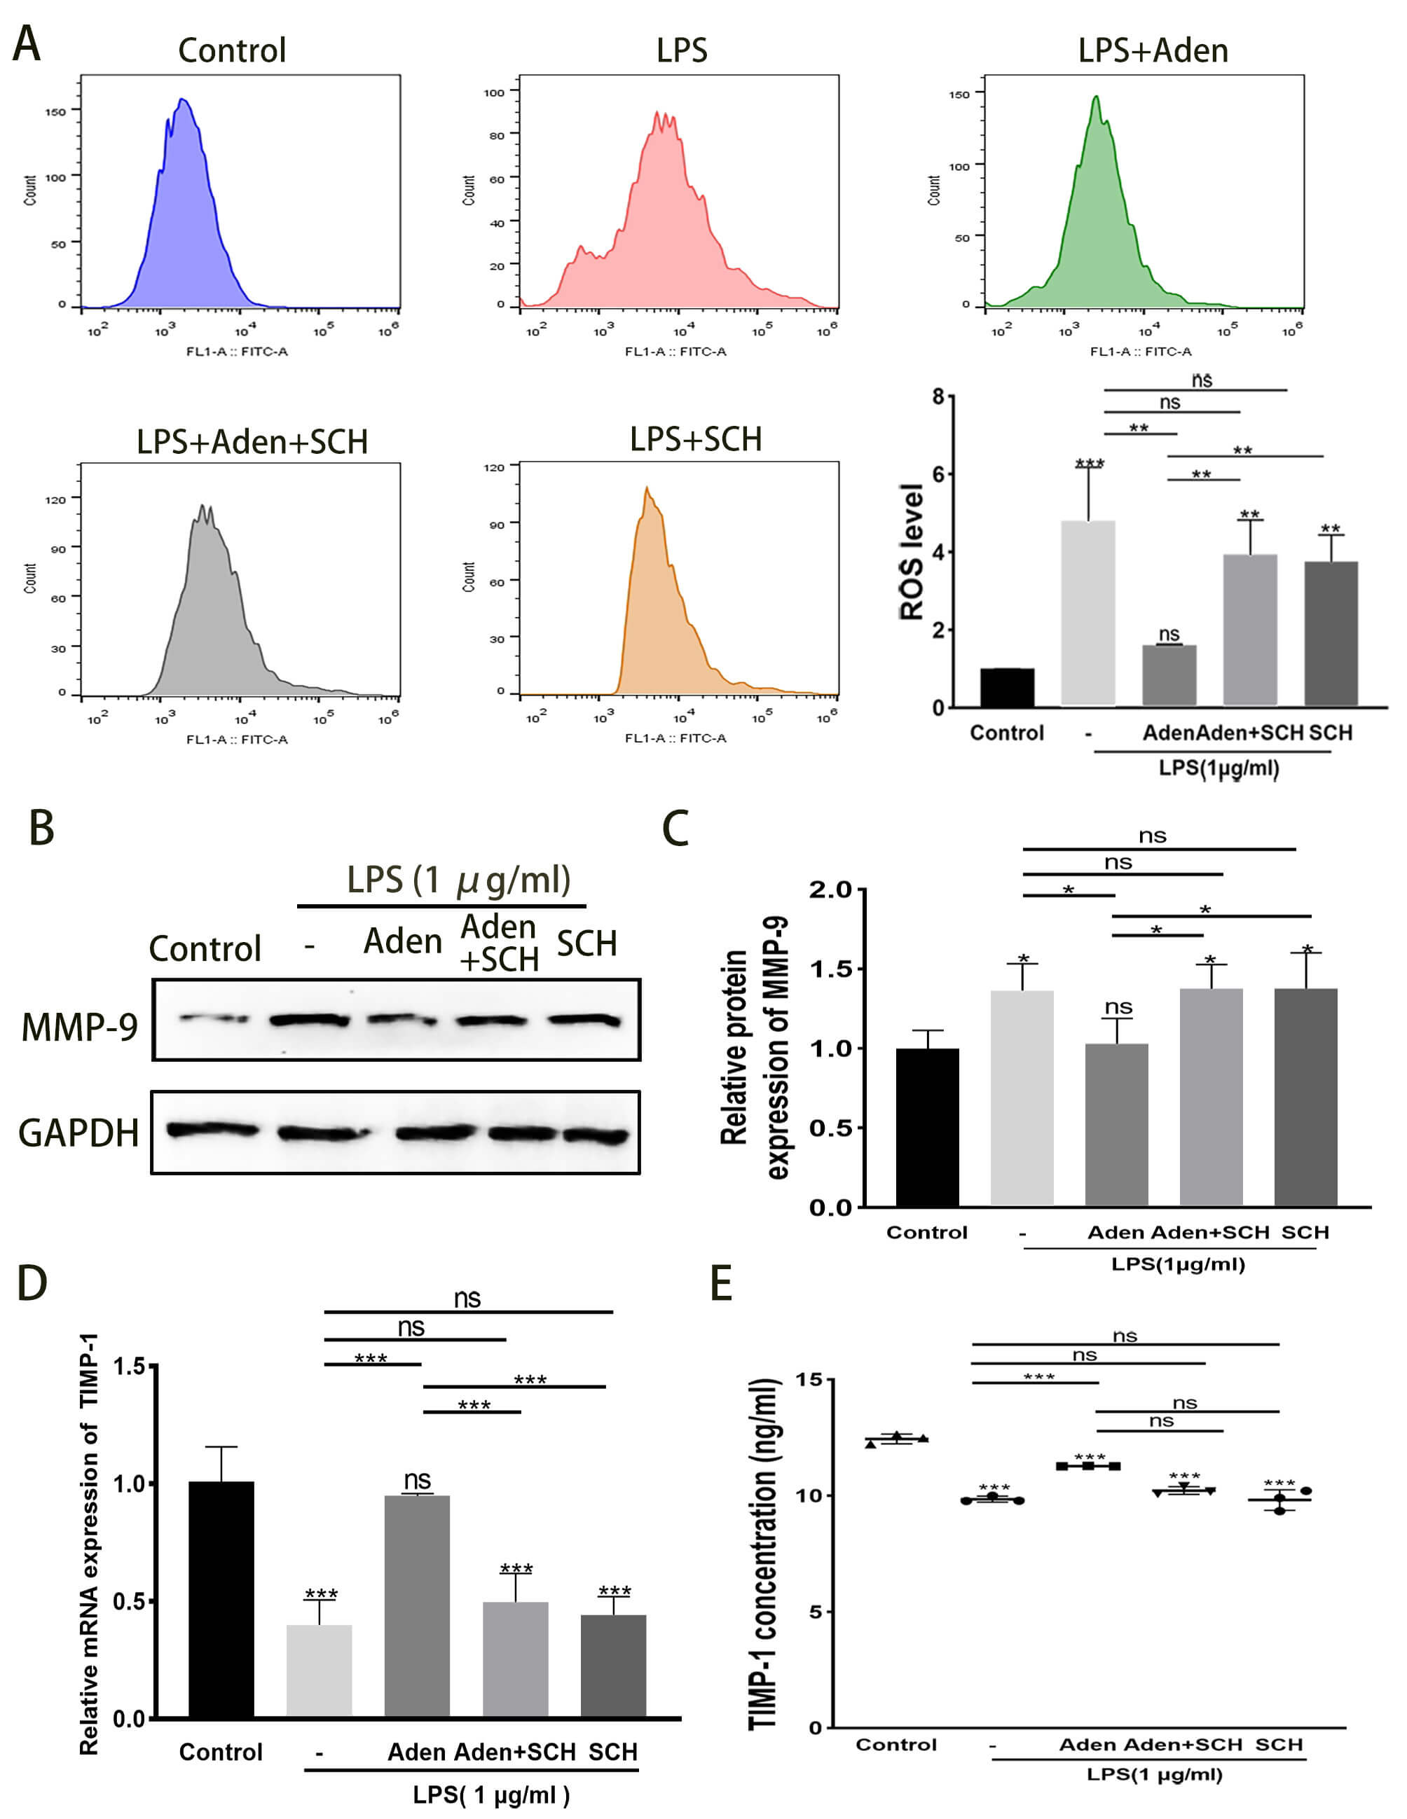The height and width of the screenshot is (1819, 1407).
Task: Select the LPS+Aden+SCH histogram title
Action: [x=252, y=441]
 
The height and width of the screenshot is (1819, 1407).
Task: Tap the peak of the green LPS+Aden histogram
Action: [x=1097, y=98]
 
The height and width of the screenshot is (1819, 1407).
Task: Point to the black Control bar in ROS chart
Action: [x=1006, y=687]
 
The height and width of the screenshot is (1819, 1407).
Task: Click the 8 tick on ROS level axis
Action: [x=939, y=397]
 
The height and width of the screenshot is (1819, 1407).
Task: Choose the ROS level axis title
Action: [x=912, y=551]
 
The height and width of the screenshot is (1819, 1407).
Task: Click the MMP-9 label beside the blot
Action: [x=79, y=1026]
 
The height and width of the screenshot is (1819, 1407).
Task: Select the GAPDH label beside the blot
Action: [x=78, y=1133]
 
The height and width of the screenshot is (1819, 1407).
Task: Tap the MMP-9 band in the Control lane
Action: [x=214, y=1018]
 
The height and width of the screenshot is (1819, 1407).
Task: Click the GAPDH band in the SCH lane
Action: [x=596, y=1135]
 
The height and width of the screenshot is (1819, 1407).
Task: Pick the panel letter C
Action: [x=675, y=829]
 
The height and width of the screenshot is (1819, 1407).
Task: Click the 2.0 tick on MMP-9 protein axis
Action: [x=830, y=890]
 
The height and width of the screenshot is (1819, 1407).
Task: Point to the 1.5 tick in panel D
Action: [x=129, y=1366]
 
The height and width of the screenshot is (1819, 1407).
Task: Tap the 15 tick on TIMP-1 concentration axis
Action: [x=808, y=1380]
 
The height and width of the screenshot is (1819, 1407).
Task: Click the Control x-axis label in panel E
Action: [x=896, y=1745]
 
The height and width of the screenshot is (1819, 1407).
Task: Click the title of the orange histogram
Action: [x=696, y=439]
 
